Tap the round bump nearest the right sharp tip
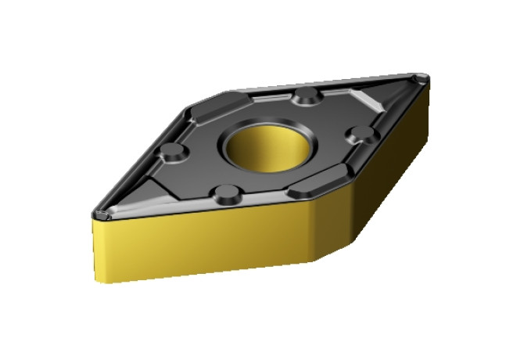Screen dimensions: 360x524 (362, 133)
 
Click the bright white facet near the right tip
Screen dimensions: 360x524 (368, 100)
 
